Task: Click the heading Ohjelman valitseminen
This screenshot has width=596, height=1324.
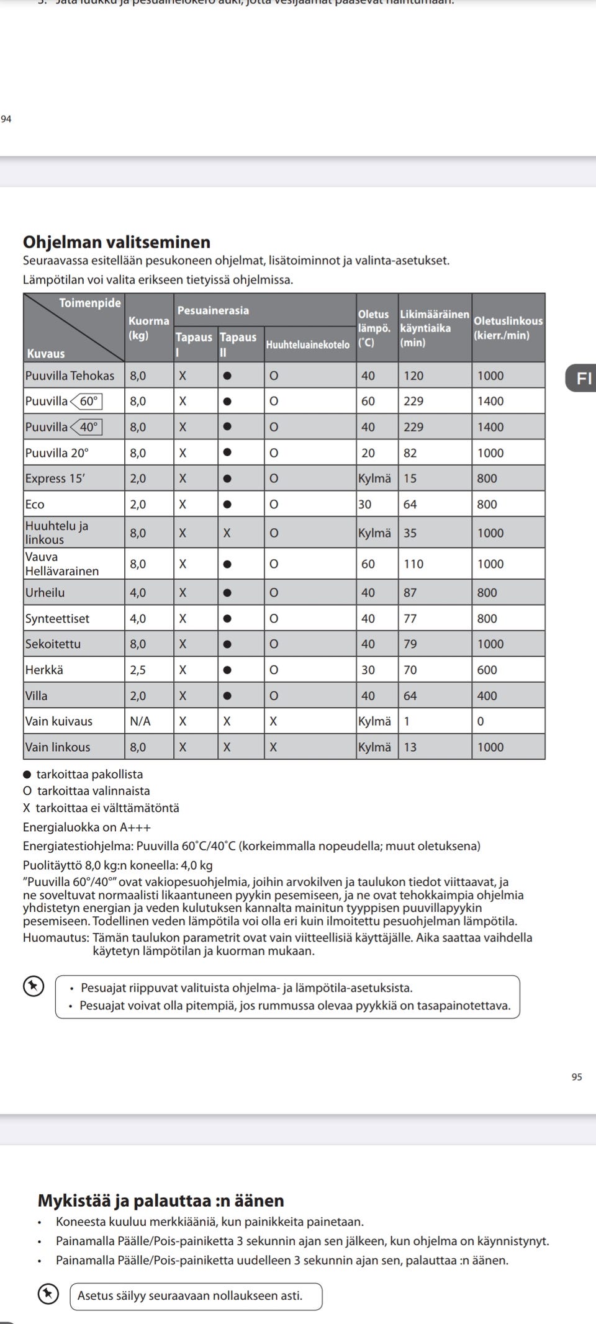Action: click(117, 241)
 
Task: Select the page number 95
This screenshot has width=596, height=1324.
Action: click(577, 1077)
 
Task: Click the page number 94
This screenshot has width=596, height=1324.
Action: click(6, 119)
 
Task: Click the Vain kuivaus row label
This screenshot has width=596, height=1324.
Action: click(58, 721)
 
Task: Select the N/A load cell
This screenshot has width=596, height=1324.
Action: click(140, 721)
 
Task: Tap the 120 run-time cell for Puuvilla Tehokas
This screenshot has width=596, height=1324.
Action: click(413, 376)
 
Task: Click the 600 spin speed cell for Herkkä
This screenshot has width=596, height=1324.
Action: click(487, 670)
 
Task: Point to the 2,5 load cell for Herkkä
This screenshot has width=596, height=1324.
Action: click(137, 670)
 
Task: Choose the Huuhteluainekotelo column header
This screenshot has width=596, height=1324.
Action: click(307, 345)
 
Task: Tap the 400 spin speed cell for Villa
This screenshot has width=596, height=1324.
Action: click(487, 696)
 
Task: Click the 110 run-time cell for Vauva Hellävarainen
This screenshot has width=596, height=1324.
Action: click(413, 564)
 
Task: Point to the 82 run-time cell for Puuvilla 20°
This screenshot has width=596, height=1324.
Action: click(410, 453)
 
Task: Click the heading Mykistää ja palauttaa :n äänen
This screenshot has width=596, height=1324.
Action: click(161, 1200)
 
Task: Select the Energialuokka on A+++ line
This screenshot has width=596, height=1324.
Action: click(87, 827)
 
